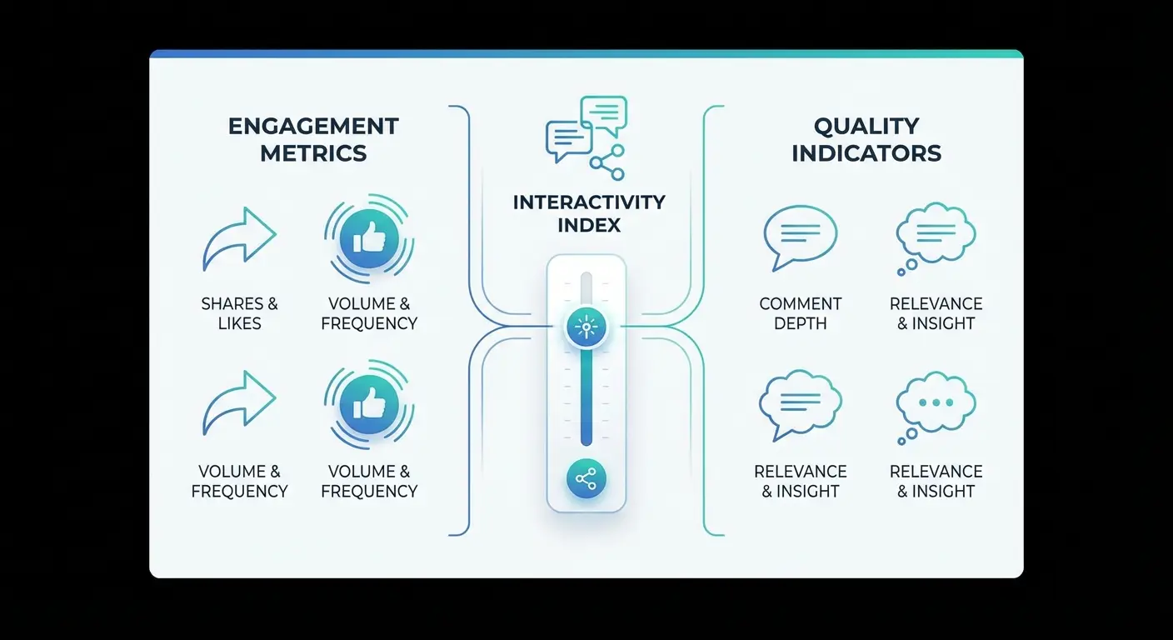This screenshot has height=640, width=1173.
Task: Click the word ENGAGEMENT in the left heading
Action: [313, 127]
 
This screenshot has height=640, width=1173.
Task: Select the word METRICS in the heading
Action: [313, 154]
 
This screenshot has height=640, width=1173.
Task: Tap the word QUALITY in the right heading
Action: [866, 127]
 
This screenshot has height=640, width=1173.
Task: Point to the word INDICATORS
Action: [866, 154]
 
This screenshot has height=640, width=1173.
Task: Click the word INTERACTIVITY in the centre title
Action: [588, 202]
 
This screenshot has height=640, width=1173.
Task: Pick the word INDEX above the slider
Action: [588, 226]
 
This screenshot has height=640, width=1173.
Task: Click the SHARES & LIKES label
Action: [239, 313]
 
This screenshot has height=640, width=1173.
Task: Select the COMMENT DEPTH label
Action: [800, 313]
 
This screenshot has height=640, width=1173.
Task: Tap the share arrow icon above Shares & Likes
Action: [239, 239]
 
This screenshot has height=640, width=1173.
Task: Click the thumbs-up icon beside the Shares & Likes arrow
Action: [368, 239]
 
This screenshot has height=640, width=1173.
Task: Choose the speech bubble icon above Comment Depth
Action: [800, 237]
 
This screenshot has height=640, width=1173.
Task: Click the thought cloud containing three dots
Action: [936, 405]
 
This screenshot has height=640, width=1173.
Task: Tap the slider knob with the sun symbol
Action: [586, 327]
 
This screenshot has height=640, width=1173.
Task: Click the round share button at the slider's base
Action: [586, 479]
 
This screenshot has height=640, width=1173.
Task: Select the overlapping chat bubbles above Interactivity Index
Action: [585, 127]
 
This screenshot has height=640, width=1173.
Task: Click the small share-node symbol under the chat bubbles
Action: [606, 162]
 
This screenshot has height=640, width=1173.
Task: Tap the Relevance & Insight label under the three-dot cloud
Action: [936, 481]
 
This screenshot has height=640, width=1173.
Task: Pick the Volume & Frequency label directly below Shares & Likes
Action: [239, 481]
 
